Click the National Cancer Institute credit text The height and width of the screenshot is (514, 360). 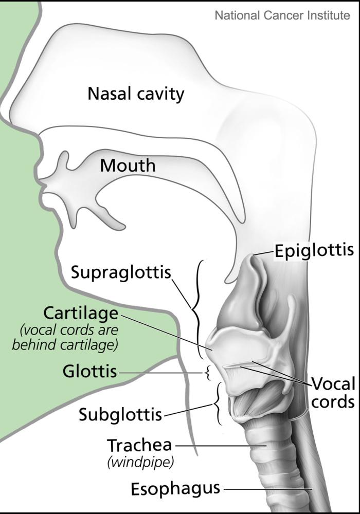coord(282,15)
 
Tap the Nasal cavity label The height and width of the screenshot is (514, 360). coord(136,95)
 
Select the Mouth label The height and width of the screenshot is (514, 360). coord(128,165)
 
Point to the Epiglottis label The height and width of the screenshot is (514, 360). coord(314,251)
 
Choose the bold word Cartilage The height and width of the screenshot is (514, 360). coord(81,314)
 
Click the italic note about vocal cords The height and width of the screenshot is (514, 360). coord(65,337)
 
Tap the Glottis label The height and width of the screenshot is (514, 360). coord(90,372)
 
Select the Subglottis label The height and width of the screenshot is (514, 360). coord(120,414)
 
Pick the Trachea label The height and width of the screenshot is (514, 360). coord(140,446)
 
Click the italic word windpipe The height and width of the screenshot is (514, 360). coord(140,463)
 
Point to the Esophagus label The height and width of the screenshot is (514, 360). coord(175,489)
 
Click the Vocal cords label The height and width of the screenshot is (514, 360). coord(333,392)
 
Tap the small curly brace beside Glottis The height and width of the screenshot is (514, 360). coord(207,373)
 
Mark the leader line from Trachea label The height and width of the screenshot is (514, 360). coord(221,446)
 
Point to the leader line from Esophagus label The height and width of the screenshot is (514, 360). coord(267,490)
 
